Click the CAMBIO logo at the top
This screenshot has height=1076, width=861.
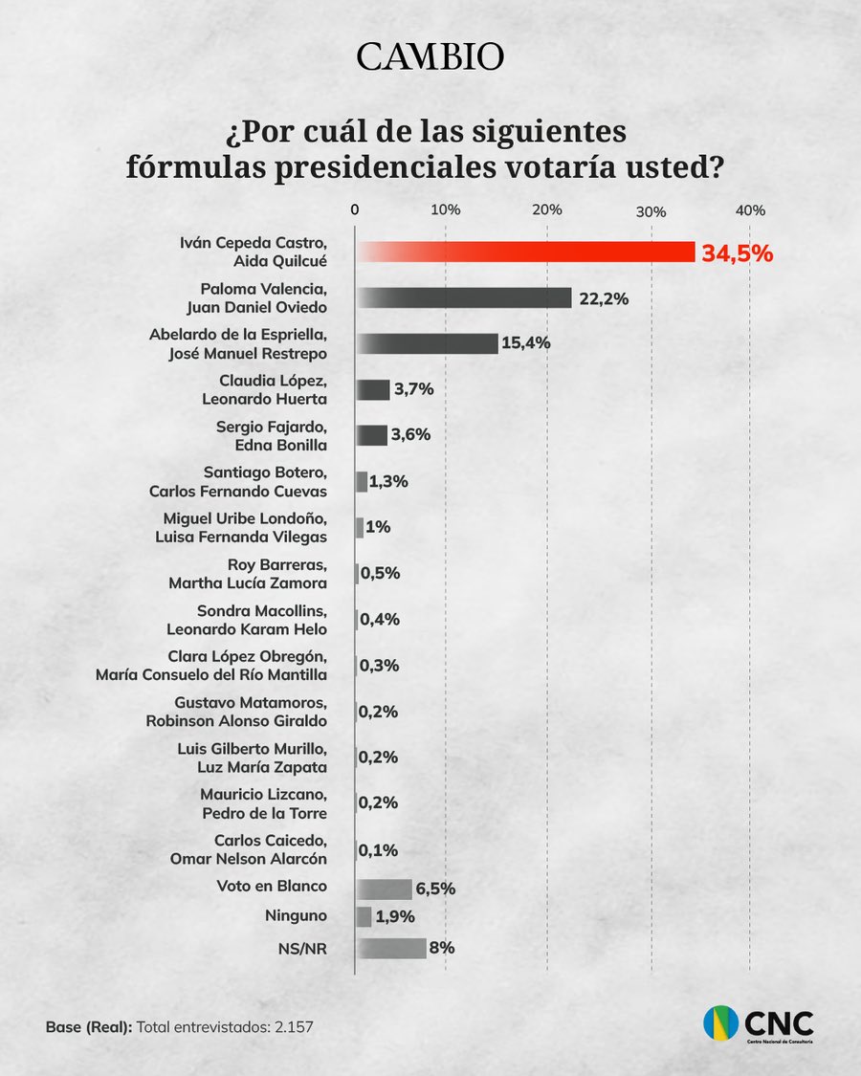point(430,57)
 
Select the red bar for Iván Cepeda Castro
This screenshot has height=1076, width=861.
point(525,252)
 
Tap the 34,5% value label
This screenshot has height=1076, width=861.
point(737,253)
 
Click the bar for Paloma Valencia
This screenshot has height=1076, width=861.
point(464,297)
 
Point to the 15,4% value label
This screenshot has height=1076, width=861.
point(525,343)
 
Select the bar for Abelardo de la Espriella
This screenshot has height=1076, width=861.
point(427,343)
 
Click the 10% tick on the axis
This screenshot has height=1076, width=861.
point(446,210)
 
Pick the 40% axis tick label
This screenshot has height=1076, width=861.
point(750,210)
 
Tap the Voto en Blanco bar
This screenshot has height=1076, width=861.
point(384,889)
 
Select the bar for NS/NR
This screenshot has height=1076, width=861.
point(391,948)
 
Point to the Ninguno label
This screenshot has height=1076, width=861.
point(296,916)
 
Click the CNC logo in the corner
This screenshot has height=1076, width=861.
point(759,1024)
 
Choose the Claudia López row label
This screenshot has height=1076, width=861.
point(274,389)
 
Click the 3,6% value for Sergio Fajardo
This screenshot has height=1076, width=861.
point(410,434)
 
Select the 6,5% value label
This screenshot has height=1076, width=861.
point(435,889)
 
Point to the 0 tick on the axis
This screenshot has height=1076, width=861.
point(355,210)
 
